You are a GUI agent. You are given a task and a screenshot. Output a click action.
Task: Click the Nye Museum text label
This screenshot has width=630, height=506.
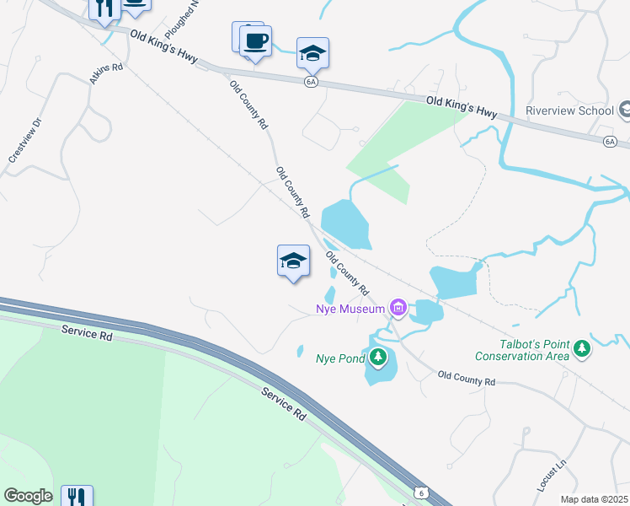point(350,309)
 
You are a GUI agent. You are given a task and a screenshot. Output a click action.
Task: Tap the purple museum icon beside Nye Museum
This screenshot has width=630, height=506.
point(398,310)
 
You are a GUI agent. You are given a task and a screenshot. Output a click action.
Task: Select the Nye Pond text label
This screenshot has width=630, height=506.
point(339,358)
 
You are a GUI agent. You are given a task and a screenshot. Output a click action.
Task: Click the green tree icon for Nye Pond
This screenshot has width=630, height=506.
point(379,358)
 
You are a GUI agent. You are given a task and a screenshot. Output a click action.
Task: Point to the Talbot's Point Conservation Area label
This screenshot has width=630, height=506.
point(521,349)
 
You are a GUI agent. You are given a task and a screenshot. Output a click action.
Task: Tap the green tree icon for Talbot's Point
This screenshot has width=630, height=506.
point(581,348)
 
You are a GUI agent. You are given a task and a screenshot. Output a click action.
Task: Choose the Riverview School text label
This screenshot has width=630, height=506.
point(569,110)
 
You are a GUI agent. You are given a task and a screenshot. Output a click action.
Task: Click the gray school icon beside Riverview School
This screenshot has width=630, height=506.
point(625,110)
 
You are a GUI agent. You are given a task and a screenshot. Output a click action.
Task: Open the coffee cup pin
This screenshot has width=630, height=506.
point(255,40)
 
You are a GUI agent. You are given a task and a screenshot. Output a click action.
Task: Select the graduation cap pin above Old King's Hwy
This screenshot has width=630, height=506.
point(312,52)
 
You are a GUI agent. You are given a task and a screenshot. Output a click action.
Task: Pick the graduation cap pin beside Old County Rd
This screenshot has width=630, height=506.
point(293,260)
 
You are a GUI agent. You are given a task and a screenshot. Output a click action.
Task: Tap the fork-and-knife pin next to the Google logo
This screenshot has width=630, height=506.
point(77,496)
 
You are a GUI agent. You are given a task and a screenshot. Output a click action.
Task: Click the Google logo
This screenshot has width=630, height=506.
point(28,496)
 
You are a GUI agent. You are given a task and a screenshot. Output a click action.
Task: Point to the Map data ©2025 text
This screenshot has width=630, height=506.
point(595,499)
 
